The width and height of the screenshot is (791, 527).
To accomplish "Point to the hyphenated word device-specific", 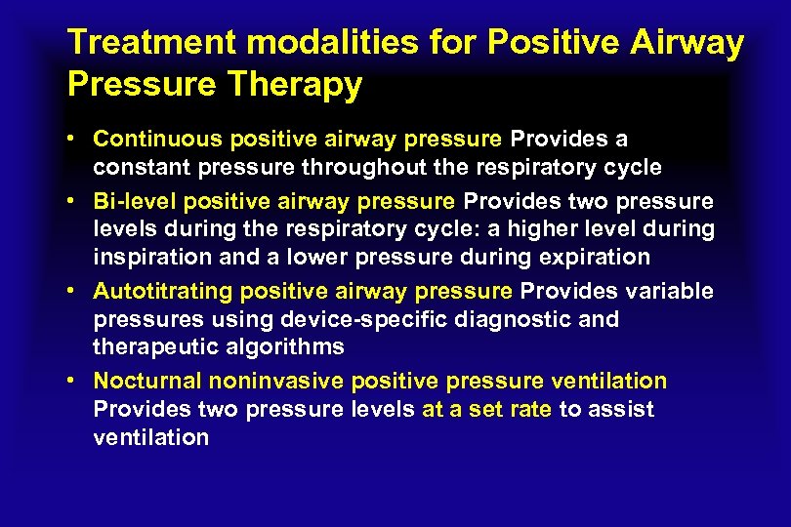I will (355, 319).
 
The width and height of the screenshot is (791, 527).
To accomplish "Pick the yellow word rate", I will (530, 409).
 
